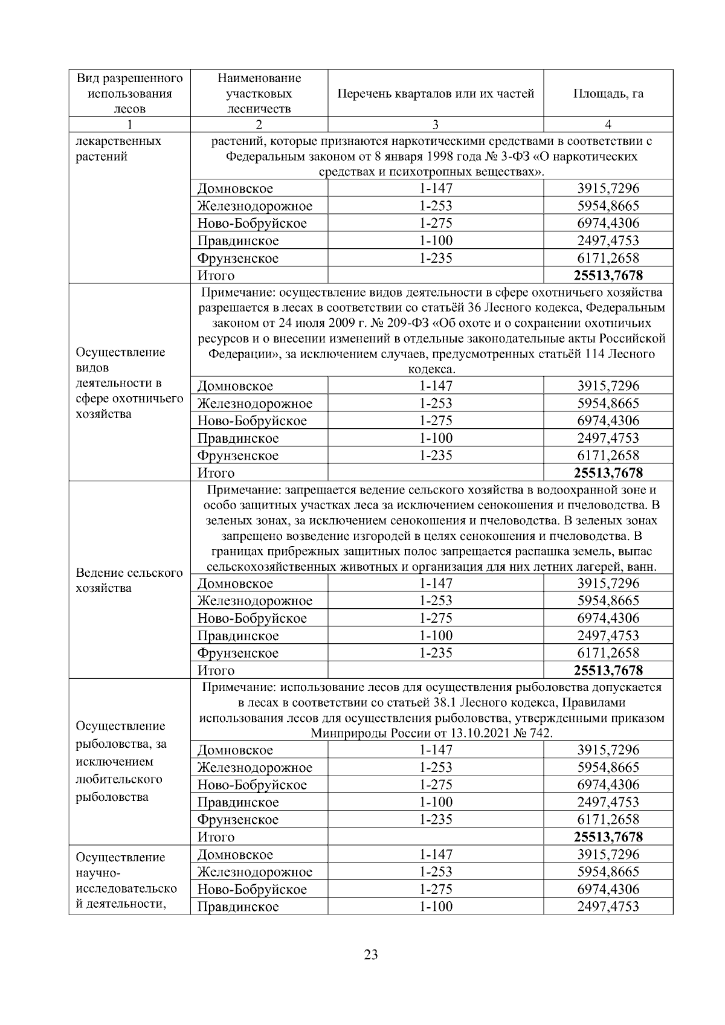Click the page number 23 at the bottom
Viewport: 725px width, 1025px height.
click(x=371, y=955)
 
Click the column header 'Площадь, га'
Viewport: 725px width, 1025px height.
click(x=608, y=94)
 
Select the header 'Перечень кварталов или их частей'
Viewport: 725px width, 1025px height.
click(x=436, y=94)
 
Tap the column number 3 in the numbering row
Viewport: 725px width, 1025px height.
click(x=436, y=124)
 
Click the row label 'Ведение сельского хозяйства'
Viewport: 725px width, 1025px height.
click(x=129, y=580)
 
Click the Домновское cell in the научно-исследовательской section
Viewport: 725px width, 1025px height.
click(x=235, y=854)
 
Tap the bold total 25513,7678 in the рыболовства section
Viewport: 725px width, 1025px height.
click(x=608, y=837)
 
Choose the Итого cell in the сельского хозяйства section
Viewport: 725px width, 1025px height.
click(x=216, y=670)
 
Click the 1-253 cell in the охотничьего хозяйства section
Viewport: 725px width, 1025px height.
click(x=436, y=403)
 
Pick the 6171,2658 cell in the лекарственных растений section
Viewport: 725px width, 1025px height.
click(x=608, y=258)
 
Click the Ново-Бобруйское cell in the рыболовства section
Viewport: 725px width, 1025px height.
click(x=252, y=785)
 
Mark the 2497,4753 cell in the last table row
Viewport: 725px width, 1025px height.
click(x=608, y=906)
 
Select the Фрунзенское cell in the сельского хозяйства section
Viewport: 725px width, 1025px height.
click(x=238, y=653)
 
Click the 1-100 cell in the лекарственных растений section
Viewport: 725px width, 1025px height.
click(x=436, y=240)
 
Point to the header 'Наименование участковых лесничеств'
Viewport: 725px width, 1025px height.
click(x=259, y=94)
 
